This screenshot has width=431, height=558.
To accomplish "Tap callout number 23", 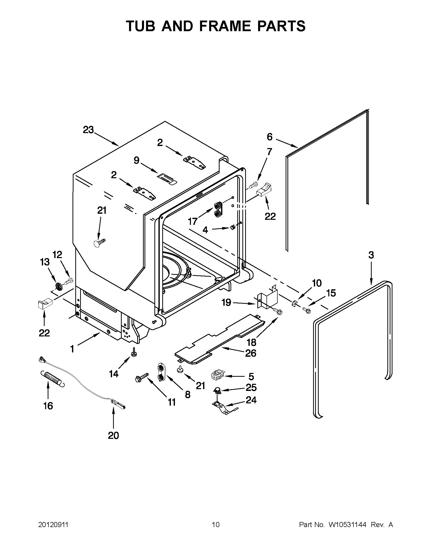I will pos(88,130).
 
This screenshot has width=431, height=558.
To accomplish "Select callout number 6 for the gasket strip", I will pos(270,137).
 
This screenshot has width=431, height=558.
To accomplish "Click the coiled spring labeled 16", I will pos(52,379).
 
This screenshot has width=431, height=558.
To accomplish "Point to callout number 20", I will pos(113,435).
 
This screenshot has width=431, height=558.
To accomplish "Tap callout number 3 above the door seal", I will pos(371,255).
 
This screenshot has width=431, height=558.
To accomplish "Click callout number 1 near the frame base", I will pos(72,349).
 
